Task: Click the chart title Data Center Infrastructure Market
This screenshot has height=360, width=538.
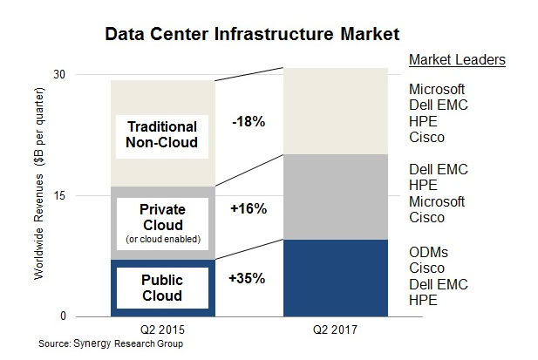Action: coord(252,36)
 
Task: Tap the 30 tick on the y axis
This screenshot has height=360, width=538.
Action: coord(85,75)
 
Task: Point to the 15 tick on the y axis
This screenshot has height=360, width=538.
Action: coord(85,195)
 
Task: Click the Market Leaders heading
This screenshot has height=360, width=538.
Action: coord(457,60)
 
